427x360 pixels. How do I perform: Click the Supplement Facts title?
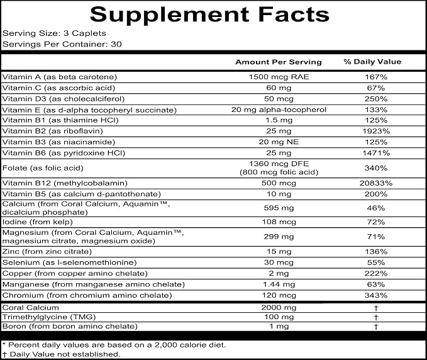pyautogui.click(x=209, y=14)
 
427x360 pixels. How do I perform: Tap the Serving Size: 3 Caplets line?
pyautogui.click(x=54, y=33)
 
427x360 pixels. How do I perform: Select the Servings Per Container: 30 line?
pyautogui.click(x=62, y=44)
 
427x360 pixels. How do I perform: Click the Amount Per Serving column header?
pyautogui.click(x=279, y=62)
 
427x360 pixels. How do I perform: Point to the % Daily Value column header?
pyautogui.click(x=372, y=62)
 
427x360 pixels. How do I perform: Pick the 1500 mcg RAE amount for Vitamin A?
pyautogui.click(x=279, y=77)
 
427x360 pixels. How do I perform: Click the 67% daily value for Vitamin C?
pyautogui.click(x=376, y=88)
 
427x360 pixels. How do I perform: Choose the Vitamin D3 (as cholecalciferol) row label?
pyautogui.click(x=63, y=99)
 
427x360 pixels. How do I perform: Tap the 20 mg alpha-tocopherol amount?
pyautogui.click(x=279, y=110)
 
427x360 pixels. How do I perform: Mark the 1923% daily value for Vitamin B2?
pyautogui.click(x=376, y=132)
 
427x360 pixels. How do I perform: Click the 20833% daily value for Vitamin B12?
pyautogui.click(x=376, y=183)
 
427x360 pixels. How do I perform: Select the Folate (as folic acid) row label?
pyautogui.click(x=43, y=168)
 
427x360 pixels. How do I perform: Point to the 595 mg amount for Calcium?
pyautogui.click(x=279, y=208)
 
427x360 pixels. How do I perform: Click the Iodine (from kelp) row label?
pyautogui.click(x=38, y=222)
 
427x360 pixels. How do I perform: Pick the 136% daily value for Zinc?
pyautogui.click(x=376, y=252)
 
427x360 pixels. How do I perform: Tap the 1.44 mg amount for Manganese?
pyautogui.click(x=279, y=284)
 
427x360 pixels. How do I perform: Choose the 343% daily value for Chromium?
pyautogui.click(x=376, y=295)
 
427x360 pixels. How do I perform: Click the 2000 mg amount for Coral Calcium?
pyautogui.click(x=279, y=308)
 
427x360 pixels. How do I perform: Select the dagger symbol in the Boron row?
pyautogui.click(x=376, y=327)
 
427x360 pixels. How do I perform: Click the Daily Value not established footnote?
pyautogui.click(x=61, y=354)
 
